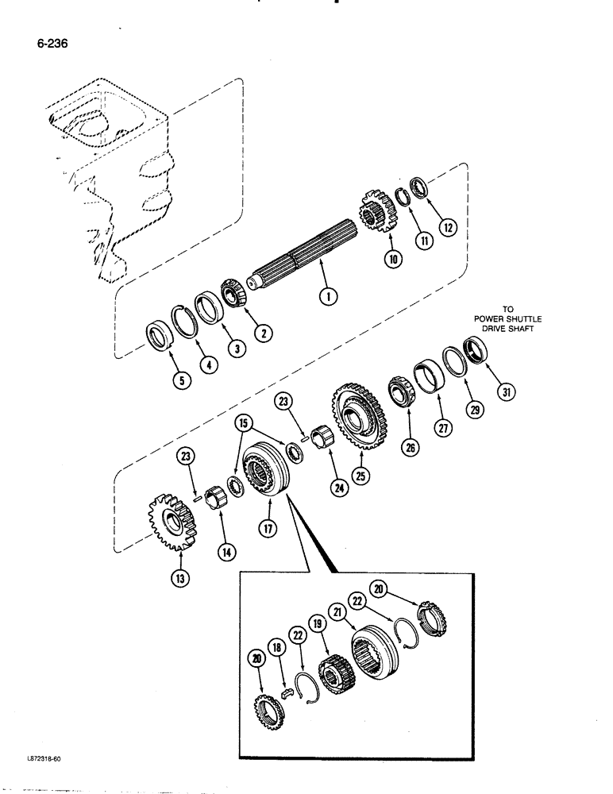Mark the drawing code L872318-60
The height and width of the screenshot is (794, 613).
click(x=39, y=758)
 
